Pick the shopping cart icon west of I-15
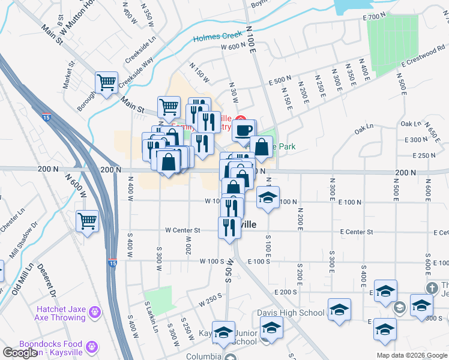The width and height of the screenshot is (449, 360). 88,220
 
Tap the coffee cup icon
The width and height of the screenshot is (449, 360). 243,130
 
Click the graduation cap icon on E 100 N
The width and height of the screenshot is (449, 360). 268,197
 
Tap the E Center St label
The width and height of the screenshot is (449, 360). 356,232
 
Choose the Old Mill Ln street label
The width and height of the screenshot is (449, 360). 22,279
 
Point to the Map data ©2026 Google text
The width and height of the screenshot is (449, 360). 411,355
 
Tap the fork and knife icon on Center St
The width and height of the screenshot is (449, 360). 229,228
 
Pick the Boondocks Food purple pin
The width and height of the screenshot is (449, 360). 91,346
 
